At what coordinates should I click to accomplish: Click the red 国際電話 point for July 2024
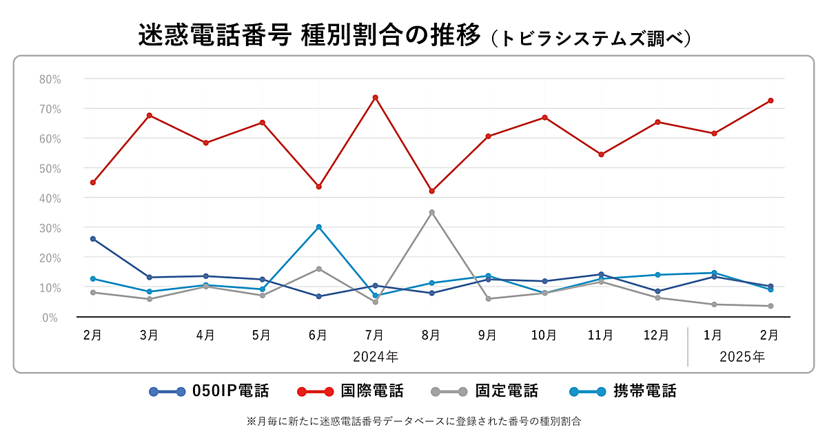[x=375, y=97]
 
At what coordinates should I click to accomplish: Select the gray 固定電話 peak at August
[x=431, y=212]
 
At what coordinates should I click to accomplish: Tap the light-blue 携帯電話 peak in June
[x=318, y=227]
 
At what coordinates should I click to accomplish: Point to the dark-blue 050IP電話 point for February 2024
[x=93, y=239]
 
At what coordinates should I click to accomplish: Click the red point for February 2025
[x=770, y=101]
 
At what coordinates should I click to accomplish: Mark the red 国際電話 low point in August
[x=431, y=191]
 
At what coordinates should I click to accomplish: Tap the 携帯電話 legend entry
[x=623, y=392]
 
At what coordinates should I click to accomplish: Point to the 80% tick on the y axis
[x=50, y=79]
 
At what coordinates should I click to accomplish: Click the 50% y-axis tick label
[x=50, y=168]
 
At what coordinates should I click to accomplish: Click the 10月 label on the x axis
[x=544, y=335]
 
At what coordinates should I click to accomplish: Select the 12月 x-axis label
[x=656, y=335]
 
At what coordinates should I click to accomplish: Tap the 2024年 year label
[x=375, y=357]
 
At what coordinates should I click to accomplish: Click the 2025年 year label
[x=742, y=357]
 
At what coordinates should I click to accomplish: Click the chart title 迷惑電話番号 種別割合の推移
[x=309, y=36]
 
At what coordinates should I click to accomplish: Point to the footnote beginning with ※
[x=413, y=420]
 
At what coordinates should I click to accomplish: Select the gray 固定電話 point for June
[x=318, y=269]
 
